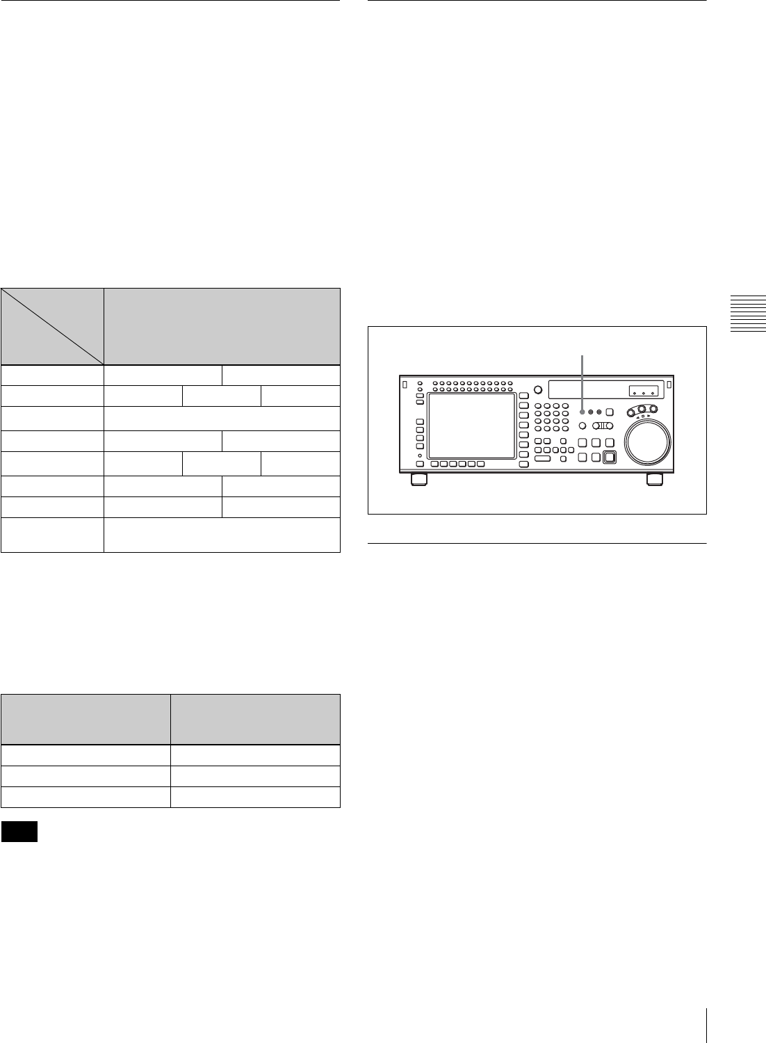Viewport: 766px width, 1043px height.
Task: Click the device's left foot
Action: [x=419, y=479]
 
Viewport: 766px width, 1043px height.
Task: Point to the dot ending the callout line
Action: [x=582, y=411]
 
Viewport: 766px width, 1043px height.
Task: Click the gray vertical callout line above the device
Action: [x=582, y=379]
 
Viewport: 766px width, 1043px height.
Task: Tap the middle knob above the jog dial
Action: [x=644, y=410]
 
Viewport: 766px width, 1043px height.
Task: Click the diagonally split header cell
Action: [x=52, y=326]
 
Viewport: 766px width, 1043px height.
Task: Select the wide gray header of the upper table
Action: [x=222, y=326]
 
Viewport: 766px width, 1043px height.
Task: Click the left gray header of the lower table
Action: [x=86, y=720]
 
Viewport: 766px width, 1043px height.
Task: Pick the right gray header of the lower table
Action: [x=255, y=720]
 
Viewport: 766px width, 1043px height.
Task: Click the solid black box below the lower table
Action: [x=19, y=832]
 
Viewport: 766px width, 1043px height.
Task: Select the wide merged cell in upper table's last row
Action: [x=222, y=534]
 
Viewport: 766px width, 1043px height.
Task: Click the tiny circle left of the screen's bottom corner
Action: [x=421, y=455]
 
